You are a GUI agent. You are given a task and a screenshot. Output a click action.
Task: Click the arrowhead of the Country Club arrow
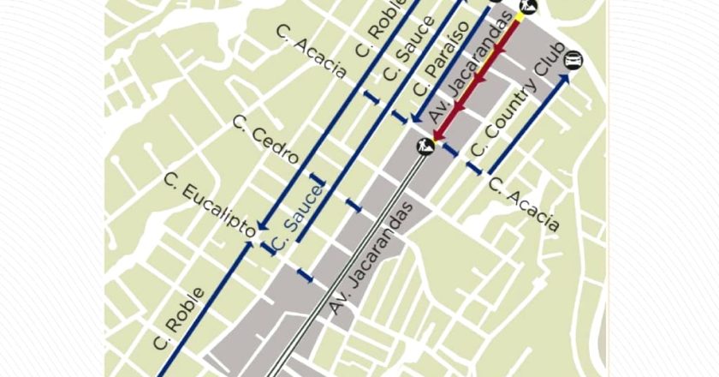pos(566,79)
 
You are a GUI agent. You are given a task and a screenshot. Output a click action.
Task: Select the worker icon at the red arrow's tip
pos(425,145)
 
